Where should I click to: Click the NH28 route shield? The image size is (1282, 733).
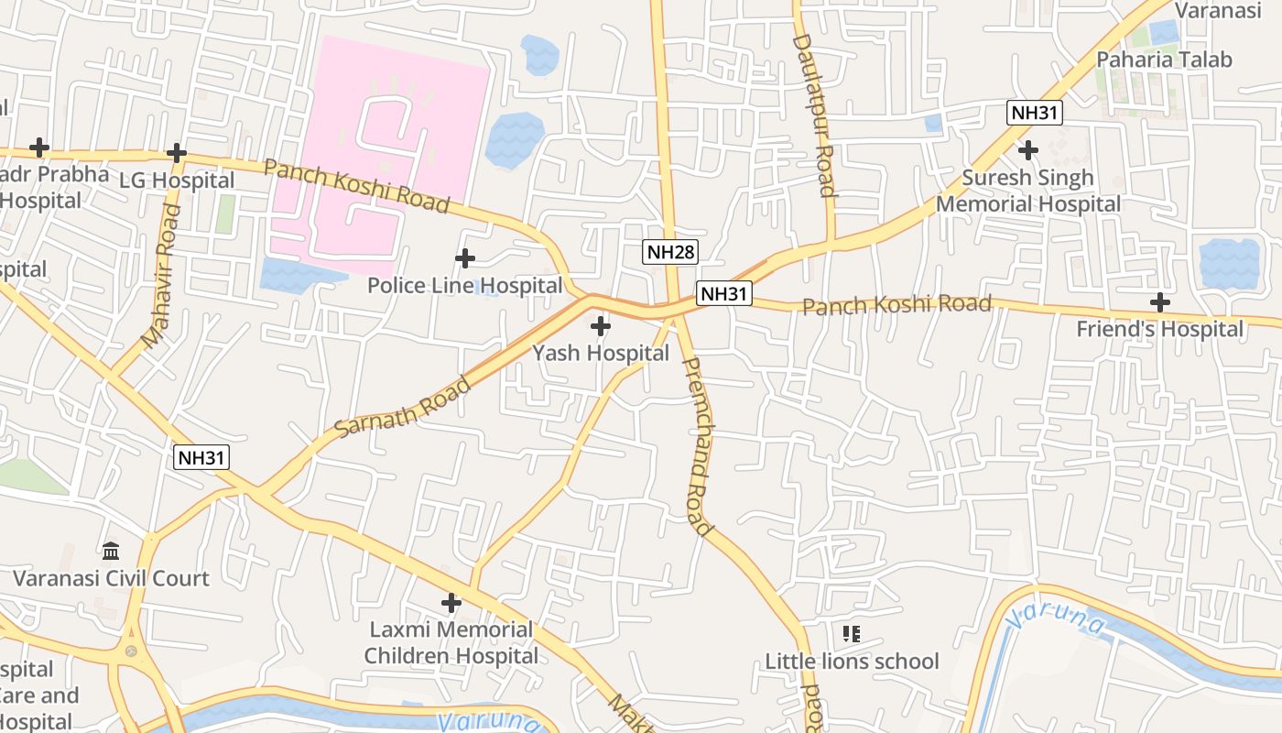click(x=669, y=252)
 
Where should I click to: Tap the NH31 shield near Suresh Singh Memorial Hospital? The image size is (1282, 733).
click(x=1034, y=114)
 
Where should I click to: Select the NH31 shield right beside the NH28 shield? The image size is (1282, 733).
click(x=723, y=293)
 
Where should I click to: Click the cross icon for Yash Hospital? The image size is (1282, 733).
click(x=601, y=325)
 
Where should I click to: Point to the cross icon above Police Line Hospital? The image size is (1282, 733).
click(x=465, y=258)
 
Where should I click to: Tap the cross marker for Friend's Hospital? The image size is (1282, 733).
click(x=1160, y=301)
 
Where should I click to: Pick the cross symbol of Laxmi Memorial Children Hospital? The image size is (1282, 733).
click(x=451, y=602)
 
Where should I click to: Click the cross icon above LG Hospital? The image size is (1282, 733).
click(x=177, y=153)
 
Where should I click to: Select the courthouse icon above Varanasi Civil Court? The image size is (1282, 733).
click(x=112, y=551)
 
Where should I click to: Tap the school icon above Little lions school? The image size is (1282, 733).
click(x=852, y=633)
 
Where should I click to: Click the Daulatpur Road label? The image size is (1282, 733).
click(x=814, y=115)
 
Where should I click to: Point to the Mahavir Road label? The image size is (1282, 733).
click(x=161, y=276)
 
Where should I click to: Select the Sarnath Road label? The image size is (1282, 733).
click(x=403, y=407)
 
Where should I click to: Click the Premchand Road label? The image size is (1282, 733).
click(x=697, y=446)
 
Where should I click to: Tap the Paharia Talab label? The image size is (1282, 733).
click(x=1165, y=60)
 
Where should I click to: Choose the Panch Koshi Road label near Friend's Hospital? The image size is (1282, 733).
click(x=896, y=304)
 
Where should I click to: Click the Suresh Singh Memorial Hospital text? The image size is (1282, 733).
click(x=1027, y=191)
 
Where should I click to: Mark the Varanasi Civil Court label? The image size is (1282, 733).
click(x=111, y=578)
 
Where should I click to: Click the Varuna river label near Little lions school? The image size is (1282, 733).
click(x=1055, y=621)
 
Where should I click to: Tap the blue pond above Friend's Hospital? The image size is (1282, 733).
click(x=1229, y=263)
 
